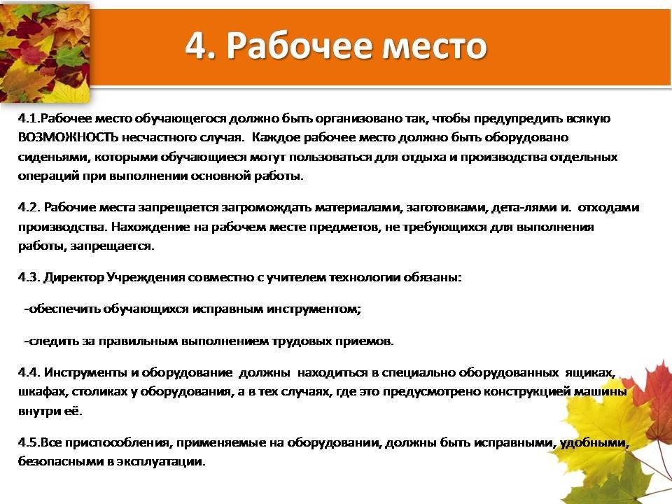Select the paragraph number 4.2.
pos(29,207)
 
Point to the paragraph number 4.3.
pos(29,277)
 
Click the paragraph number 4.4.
pos(29,372)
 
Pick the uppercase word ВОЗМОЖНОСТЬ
pos(67,138)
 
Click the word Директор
pos(73,277)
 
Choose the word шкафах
pos(43,392)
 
